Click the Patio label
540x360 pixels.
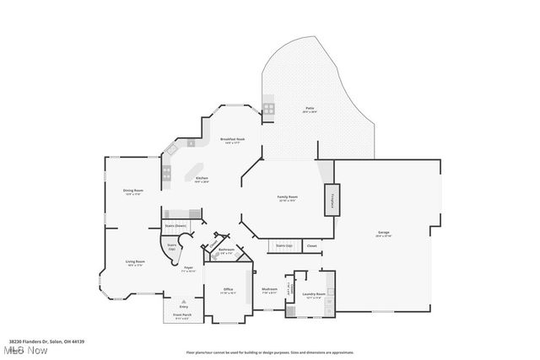pyautogui.click(x=310, y=110)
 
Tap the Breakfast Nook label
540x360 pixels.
pyautogui.click(x=232, y=140)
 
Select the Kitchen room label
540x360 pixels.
pyautogui.click(x=202, y=179)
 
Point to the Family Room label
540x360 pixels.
pyautogui.click(x=288, y=198)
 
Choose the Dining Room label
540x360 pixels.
pyautogui.click(x=133, y=191)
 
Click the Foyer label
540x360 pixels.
pyautogui.click(x=189, y=268)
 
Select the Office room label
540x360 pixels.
pyautogui.click(x=227, y=289)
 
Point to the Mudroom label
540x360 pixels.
pyautogui.click(x=269, y=289)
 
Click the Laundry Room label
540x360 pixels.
pyautogui.click(x=314, y=295)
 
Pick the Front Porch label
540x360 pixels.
pyautogui.click(x=181, y=319)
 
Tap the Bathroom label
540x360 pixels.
pyautogui.click(x=226, y=250)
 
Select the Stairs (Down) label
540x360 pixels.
pyautogui.click(x=175, y=226)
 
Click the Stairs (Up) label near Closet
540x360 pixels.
pyautogui.click(x=283, y=245)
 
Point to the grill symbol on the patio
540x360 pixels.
pyautogui.click(x=268, y=108)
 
